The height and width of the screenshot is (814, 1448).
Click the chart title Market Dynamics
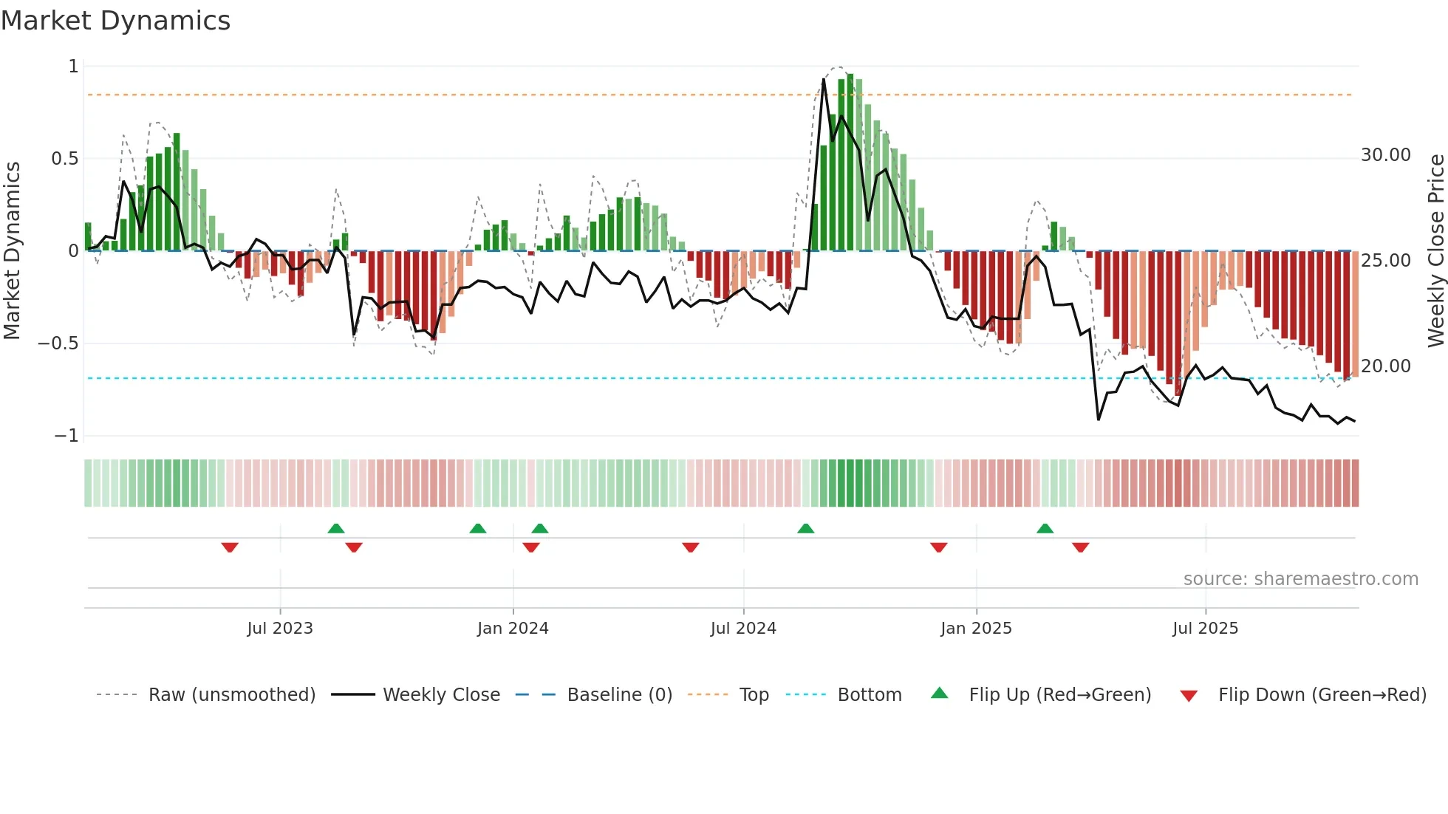coord(116,21)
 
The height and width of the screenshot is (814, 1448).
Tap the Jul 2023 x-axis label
coord(280,629)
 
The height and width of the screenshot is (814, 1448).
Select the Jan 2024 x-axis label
coord(513,629)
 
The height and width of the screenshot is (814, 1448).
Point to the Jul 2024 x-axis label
coord(743,629)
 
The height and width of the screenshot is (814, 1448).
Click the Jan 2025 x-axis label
coord(976,629)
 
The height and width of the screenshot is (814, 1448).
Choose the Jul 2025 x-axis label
coord(1205,629)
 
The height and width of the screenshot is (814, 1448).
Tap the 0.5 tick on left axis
coord(65,159)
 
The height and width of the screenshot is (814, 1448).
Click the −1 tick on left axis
coord(66,436)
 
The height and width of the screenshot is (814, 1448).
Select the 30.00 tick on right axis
coord(1386,155)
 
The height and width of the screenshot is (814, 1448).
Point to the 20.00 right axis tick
coord(1386,366)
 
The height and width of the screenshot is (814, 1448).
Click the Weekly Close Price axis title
coord(1435,250)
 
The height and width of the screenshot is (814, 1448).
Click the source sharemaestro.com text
coord(1300,579)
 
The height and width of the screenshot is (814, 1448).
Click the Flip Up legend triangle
coord(939,693)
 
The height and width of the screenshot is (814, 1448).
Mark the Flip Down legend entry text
coord(1322,695)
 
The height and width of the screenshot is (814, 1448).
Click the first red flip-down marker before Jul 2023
coord(230,547)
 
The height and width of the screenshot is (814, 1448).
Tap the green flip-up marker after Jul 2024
coord(806,528)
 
